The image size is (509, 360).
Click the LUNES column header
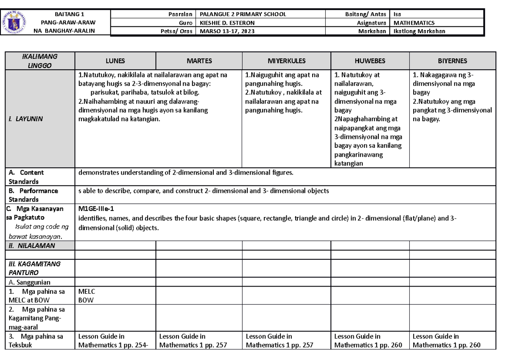115,61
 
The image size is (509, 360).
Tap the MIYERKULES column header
286,61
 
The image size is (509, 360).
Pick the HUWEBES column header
370,61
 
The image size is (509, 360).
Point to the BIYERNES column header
453,61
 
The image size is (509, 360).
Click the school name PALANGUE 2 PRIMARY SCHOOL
243,14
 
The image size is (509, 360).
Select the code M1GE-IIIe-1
96,209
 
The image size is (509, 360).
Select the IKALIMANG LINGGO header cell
39,61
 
